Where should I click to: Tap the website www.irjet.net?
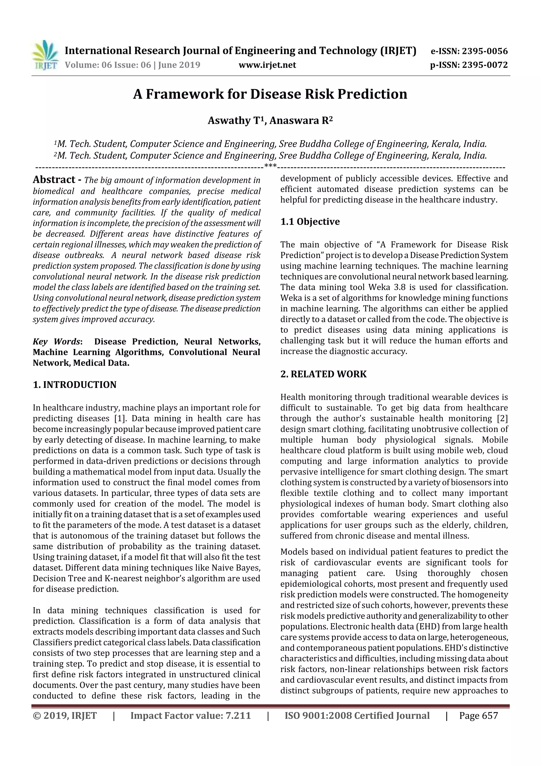pyautogui.click(x=267, y=65)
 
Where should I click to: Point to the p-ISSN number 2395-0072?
pyautogui.click(x=485, y=65)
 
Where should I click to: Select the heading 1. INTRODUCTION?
pyautogui.click(x=75, y=385)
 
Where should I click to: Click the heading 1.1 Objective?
pyautogui.click(x=310, y=222)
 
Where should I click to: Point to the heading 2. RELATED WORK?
pyautogui.click(x=323, y=374)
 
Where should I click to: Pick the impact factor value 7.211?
pyautogui.click(x=238, y=715)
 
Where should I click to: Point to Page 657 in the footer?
pyautogui.click(x=478, y=715)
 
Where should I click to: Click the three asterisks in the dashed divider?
pyautogui.click(x=270, y=166)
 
